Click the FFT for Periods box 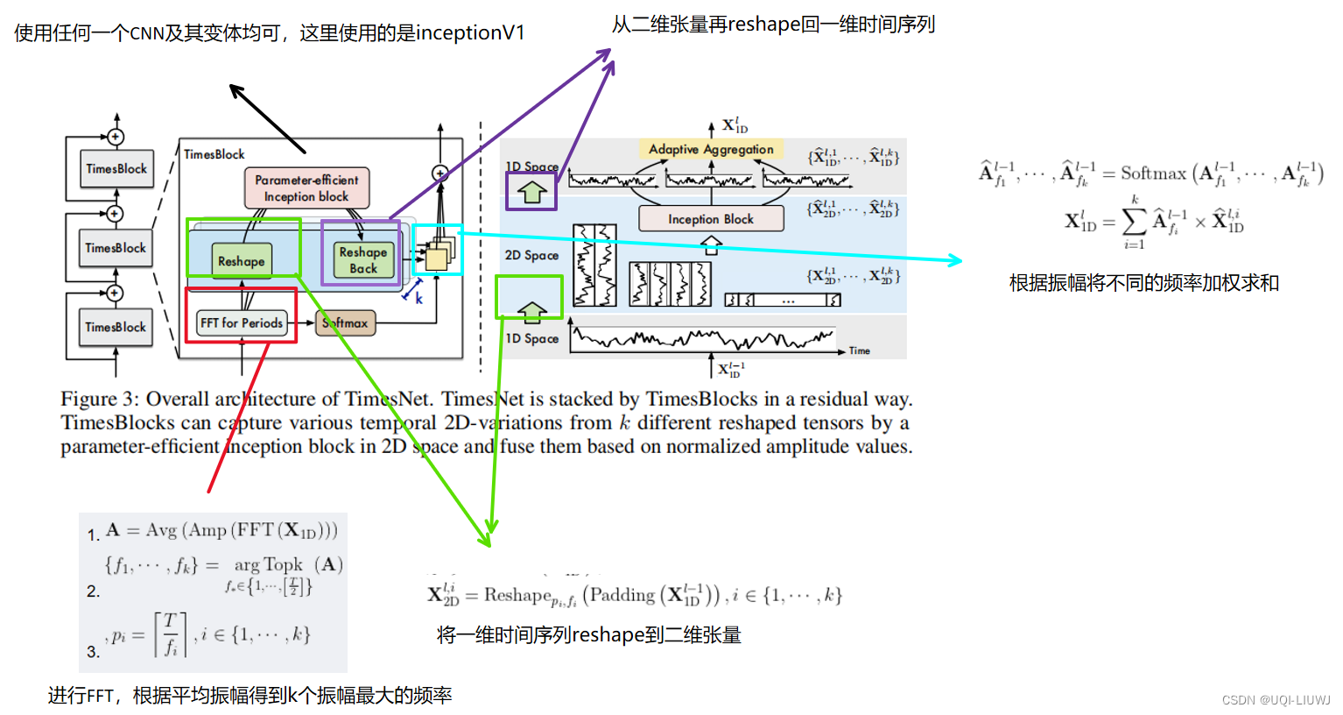tap(242, 322)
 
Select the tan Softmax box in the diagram tap(346, 322)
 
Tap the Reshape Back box tap(362, 260)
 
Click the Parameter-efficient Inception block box tap(306, 188)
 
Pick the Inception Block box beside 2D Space tap(711, 219)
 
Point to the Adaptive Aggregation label tap(711, 149)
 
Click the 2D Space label tap(531, 255)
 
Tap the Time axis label tap(860, 350)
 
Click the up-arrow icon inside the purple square tap(531, 191)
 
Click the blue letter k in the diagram tap(419, 299)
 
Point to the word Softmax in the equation tap(1153, 173)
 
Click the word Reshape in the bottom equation tap(517, 595)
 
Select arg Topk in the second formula tap(269, 565)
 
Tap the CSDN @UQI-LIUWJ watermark tap(1276, 700)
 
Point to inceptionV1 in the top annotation tap(470, 33)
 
